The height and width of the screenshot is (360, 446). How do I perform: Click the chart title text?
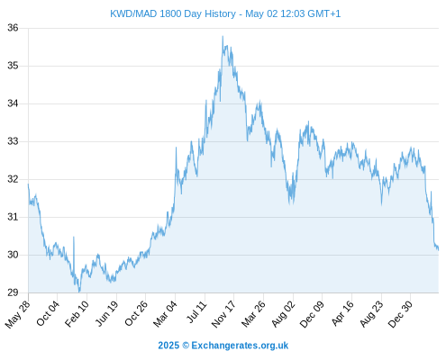[x=225, y=13]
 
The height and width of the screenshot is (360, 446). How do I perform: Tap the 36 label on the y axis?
[x=13, y=28]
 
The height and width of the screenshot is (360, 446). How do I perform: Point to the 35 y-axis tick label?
[x=13, y=66]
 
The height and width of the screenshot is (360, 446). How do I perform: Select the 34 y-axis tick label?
[x=13, y=103]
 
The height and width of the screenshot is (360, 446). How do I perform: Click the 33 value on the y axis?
[x=13, y=141]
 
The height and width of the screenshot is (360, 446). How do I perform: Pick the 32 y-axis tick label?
[x=13, y=179]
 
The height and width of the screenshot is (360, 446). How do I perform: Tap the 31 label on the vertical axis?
[x=13, y=217]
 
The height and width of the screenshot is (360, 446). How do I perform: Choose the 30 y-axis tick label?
[x=13, y=255]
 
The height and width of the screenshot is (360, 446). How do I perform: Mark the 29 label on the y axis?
[x=13, y=292]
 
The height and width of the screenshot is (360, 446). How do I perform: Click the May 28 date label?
[x=18, y=314]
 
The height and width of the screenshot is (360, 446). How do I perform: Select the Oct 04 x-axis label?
[x=48, y=313]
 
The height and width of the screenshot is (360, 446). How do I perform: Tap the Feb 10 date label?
[x=77, y=313]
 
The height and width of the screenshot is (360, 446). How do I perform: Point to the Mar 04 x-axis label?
[x=166, y=313]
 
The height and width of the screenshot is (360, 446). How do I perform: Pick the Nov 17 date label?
[x=223, y=314]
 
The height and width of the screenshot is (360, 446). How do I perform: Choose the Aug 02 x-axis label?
[x=283, y=314]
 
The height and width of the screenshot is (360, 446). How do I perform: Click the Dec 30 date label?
[x=400, y=314]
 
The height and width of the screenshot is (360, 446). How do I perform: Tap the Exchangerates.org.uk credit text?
[x=240, y=346]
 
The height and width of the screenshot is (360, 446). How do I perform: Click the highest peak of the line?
[x=223, y=36]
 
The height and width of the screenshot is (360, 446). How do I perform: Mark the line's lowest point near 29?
[x=79, y=292]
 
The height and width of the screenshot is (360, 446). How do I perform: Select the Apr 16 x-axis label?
[x=342, y=313]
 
